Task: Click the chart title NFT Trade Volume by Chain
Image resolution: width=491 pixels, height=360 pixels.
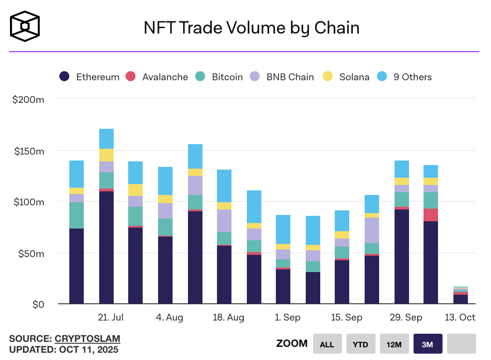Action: tap(251, 28)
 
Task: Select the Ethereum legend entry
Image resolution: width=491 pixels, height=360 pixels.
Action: tap(90, 77)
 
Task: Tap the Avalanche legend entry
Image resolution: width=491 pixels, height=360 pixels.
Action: tap(157, 77)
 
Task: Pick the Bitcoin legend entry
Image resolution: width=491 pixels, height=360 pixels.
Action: tap(219, 77)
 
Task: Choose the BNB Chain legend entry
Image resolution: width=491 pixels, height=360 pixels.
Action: tap(282, 77)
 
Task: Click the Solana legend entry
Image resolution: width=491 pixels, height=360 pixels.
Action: tap(346, 77)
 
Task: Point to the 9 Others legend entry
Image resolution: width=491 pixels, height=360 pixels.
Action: tap(404, 77)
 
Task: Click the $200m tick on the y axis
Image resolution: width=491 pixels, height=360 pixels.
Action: tap(28, 99)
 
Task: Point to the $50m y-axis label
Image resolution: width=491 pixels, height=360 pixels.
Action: tap(31, 253)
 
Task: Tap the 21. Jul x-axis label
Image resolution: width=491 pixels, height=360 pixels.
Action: tap(111, 317)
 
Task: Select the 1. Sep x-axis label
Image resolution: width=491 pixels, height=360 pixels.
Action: tap(288, 317)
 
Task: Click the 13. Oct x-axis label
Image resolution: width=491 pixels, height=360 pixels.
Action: tap(461, 317)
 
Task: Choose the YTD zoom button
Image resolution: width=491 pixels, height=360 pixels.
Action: tap(360, 344)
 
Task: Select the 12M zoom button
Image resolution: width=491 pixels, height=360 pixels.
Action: tap(394, 344)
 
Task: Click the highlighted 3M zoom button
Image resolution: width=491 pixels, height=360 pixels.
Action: tap(427, 344)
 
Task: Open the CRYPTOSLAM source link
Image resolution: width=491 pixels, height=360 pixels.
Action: tap(87, 339)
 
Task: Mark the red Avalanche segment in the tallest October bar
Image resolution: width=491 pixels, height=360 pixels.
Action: tap(431, 215)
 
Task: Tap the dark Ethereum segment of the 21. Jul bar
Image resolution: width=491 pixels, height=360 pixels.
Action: tap(106, 247)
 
